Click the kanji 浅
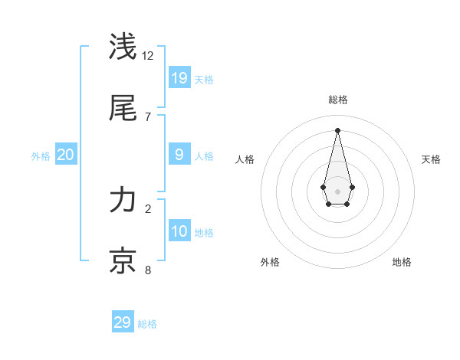(123, 47)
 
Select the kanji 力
(123, 200)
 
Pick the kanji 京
(123, 260)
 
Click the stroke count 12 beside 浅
(148, 56)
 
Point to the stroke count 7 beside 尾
(148, 116)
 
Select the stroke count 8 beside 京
(148, 270)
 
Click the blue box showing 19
(179, 77)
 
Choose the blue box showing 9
(179, 155)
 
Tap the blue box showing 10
(179, 231)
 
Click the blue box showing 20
(66, 155)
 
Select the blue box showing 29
(123, 322)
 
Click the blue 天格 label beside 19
(204, 79)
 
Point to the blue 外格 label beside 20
(41, 156)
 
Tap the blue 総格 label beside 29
(147, 324)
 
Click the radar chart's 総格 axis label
(338, 100)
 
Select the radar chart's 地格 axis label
(402, 262)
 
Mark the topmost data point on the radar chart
(337, 129)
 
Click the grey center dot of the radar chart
(337, 190)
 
